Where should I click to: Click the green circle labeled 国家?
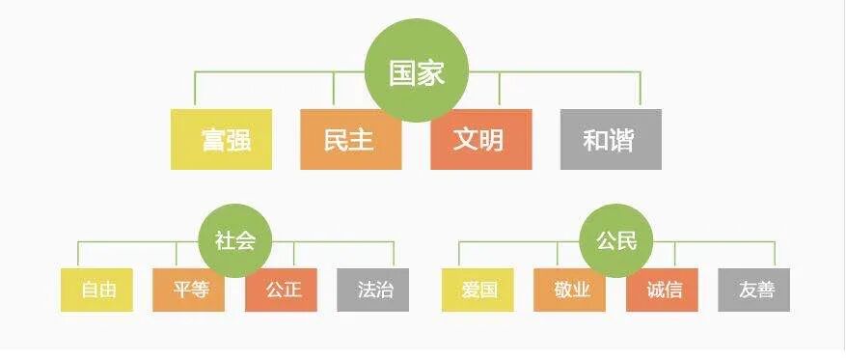point(417,73)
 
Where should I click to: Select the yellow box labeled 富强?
point(221,139)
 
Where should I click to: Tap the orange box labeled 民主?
point(350,139)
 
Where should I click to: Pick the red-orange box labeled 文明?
point(480,139)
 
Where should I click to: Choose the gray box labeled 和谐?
point(611,139)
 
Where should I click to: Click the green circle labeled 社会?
point(234,240)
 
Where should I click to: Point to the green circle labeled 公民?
point(615,240)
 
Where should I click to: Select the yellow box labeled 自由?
point(96,290)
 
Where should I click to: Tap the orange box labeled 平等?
point(188,290)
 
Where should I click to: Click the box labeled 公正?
point(281,290)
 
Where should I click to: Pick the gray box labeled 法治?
point(373,290)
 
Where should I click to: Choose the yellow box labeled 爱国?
point(478,290)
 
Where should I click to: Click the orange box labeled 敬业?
point(569,290)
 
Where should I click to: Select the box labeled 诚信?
point(662,290)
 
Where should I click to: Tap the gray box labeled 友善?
point(754,290)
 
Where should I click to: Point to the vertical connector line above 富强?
point(195,90)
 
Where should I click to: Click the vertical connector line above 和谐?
point(640,90)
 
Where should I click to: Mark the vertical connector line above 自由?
point(78,255)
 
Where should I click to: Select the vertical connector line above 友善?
point(774,255)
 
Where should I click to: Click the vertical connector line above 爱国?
point(459,255)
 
